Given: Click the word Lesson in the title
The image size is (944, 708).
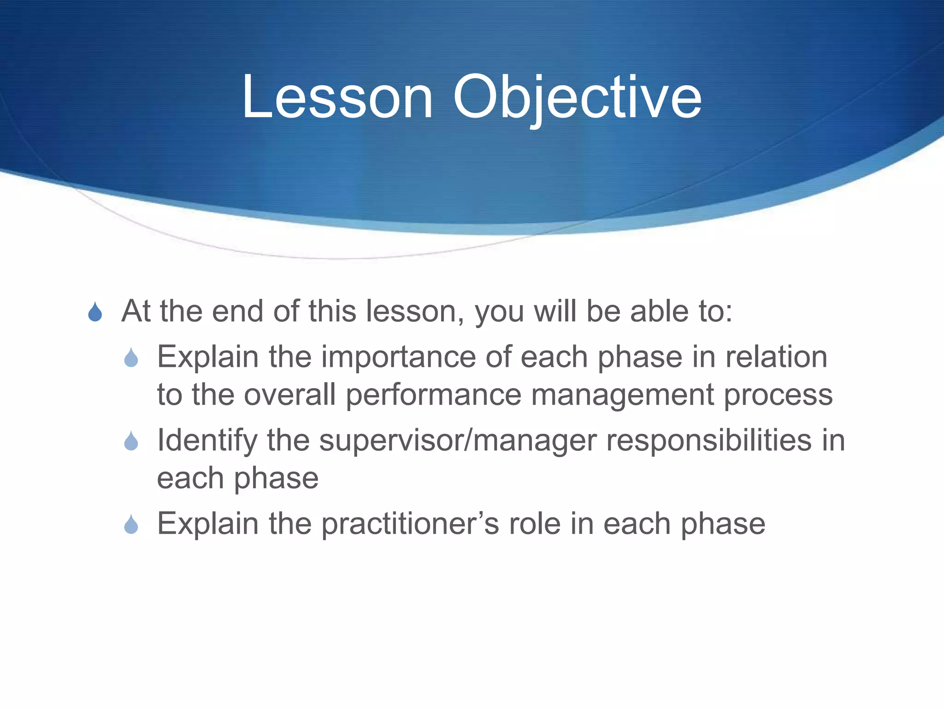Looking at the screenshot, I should [x=337, y=98].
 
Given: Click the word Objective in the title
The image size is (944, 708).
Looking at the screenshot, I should [x=577, y=98].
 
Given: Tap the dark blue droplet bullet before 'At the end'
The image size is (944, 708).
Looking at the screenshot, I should [x=95, y=312].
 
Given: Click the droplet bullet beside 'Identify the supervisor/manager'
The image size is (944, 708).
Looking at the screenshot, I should [x=131, y=441].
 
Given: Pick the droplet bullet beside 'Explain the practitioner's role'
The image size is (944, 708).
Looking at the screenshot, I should [x=131, y=524].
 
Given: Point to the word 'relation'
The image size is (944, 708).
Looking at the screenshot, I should [x=776, y=357].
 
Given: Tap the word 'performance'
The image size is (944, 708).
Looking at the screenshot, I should [x=433, y=395].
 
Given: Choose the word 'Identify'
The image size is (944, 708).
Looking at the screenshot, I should [x=207, y=440].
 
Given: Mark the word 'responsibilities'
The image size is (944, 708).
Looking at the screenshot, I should [x=708, y=440].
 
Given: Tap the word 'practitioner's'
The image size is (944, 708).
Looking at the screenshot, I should [x=410, y=524].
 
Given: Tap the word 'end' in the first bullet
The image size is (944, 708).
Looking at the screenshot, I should [x=237, y=312].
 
